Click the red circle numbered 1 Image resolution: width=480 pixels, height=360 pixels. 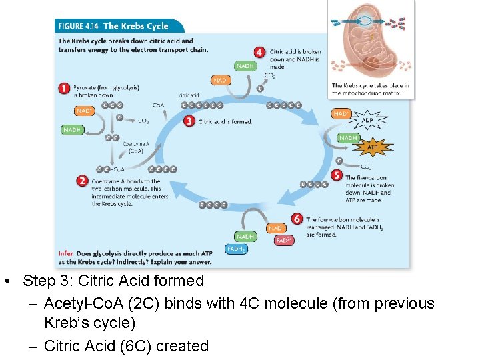pyautogui.click(x=65, y=88)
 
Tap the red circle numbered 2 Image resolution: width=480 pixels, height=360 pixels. pyautogui.click(x=82, y=181)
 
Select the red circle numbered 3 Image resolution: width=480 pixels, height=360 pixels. pyautogui.click(x=189, y=121)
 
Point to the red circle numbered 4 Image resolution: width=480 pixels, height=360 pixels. pyautogui.click(x=260, y=52)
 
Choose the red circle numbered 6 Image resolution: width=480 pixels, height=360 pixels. pyautogui.click(x=297, y=219)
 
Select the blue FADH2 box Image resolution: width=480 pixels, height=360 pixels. pyautogui.click(x=237, y=249)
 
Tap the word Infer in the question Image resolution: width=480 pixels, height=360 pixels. pyautogui.click(x=66, y=254)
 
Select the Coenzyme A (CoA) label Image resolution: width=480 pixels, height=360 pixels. pyautogui.click(x=131, y=148)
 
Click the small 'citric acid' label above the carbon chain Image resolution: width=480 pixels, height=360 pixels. pyautogui.click(x=189, y=95)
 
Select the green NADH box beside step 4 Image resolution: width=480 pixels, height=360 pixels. pyautogui.click(x=245, y=66)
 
